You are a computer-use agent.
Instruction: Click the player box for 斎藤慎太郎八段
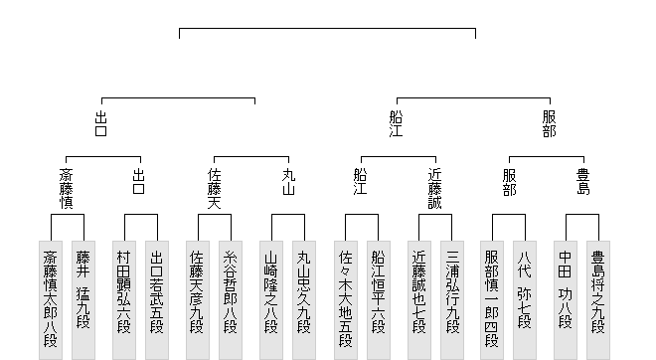(x=51, y=300)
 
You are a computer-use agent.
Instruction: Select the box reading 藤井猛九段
(x=83, y=300)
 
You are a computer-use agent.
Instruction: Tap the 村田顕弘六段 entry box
(x=124, y=300)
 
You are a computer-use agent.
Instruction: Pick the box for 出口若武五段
(x=157, y=300)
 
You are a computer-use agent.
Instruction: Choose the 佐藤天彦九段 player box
(x=198, y=300)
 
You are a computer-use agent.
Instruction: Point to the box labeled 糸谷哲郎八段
(x=231, y=300)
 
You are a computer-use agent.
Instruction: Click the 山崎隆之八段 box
(x=271, y=300)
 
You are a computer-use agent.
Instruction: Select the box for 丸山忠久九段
(x=304, y=300)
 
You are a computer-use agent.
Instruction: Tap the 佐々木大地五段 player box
(x=346, y=300)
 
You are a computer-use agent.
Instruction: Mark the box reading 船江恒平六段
(x=379, y=300)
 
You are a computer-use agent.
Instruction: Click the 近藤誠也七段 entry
(x=419, y=300)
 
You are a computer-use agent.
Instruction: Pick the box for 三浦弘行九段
(x=452, y=300)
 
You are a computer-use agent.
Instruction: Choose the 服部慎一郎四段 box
(x=492, y=300)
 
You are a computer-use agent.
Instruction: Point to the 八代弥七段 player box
(x=525, y=300)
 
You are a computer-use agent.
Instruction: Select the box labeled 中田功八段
(x=566, y=300)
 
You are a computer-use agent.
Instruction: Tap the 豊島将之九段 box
(x=598, y=300)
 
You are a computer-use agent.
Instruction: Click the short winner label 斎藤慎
(x=67, y=188)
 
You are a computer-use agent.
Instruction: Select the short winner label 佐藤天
(x=215, y=188)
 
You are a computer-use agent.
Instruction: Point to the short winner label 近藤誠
(x=435, y=188)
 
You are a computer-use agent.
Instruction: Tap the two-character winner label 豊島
(x=583, y=182)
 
